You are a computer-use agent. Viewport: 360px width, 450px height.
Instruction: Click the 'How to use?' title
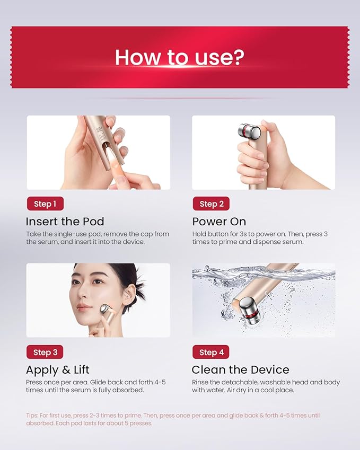[x=180, y=57]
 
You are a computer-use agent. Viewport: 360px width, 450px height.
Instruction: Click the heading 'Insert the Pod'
[x=65, y=222]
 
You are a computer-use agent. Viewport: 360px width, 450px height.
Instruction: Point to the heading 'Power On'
[x=219, y=222]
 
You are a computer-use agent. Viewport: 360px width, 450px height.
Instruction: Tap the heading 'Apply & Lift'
[x=58, y=369]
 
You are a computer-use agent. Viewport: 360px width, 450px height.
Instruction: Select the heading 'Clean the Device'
[x=240, y=369]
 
